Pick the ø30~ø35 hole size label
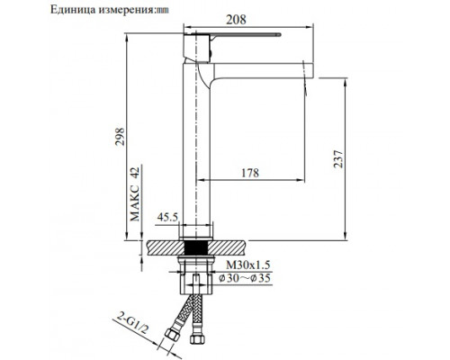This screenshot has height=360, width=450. pyautogui.click(x=247, y=279)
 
